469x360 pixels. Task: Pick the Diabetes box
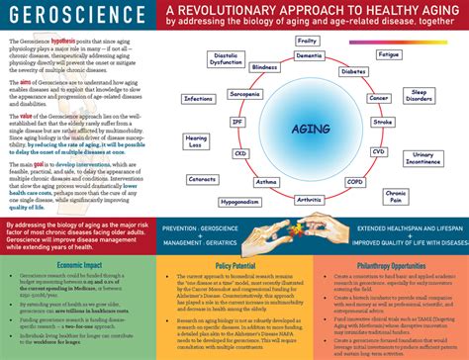tap(353, 72)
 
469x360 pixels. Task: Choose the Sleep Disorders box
tap(419, 96)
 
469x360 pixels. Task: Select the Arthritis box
tap(308, 200)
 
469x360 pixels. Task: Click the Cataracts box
tap(203, 178)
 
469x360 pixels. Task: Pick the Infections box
tap(199, 99)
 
